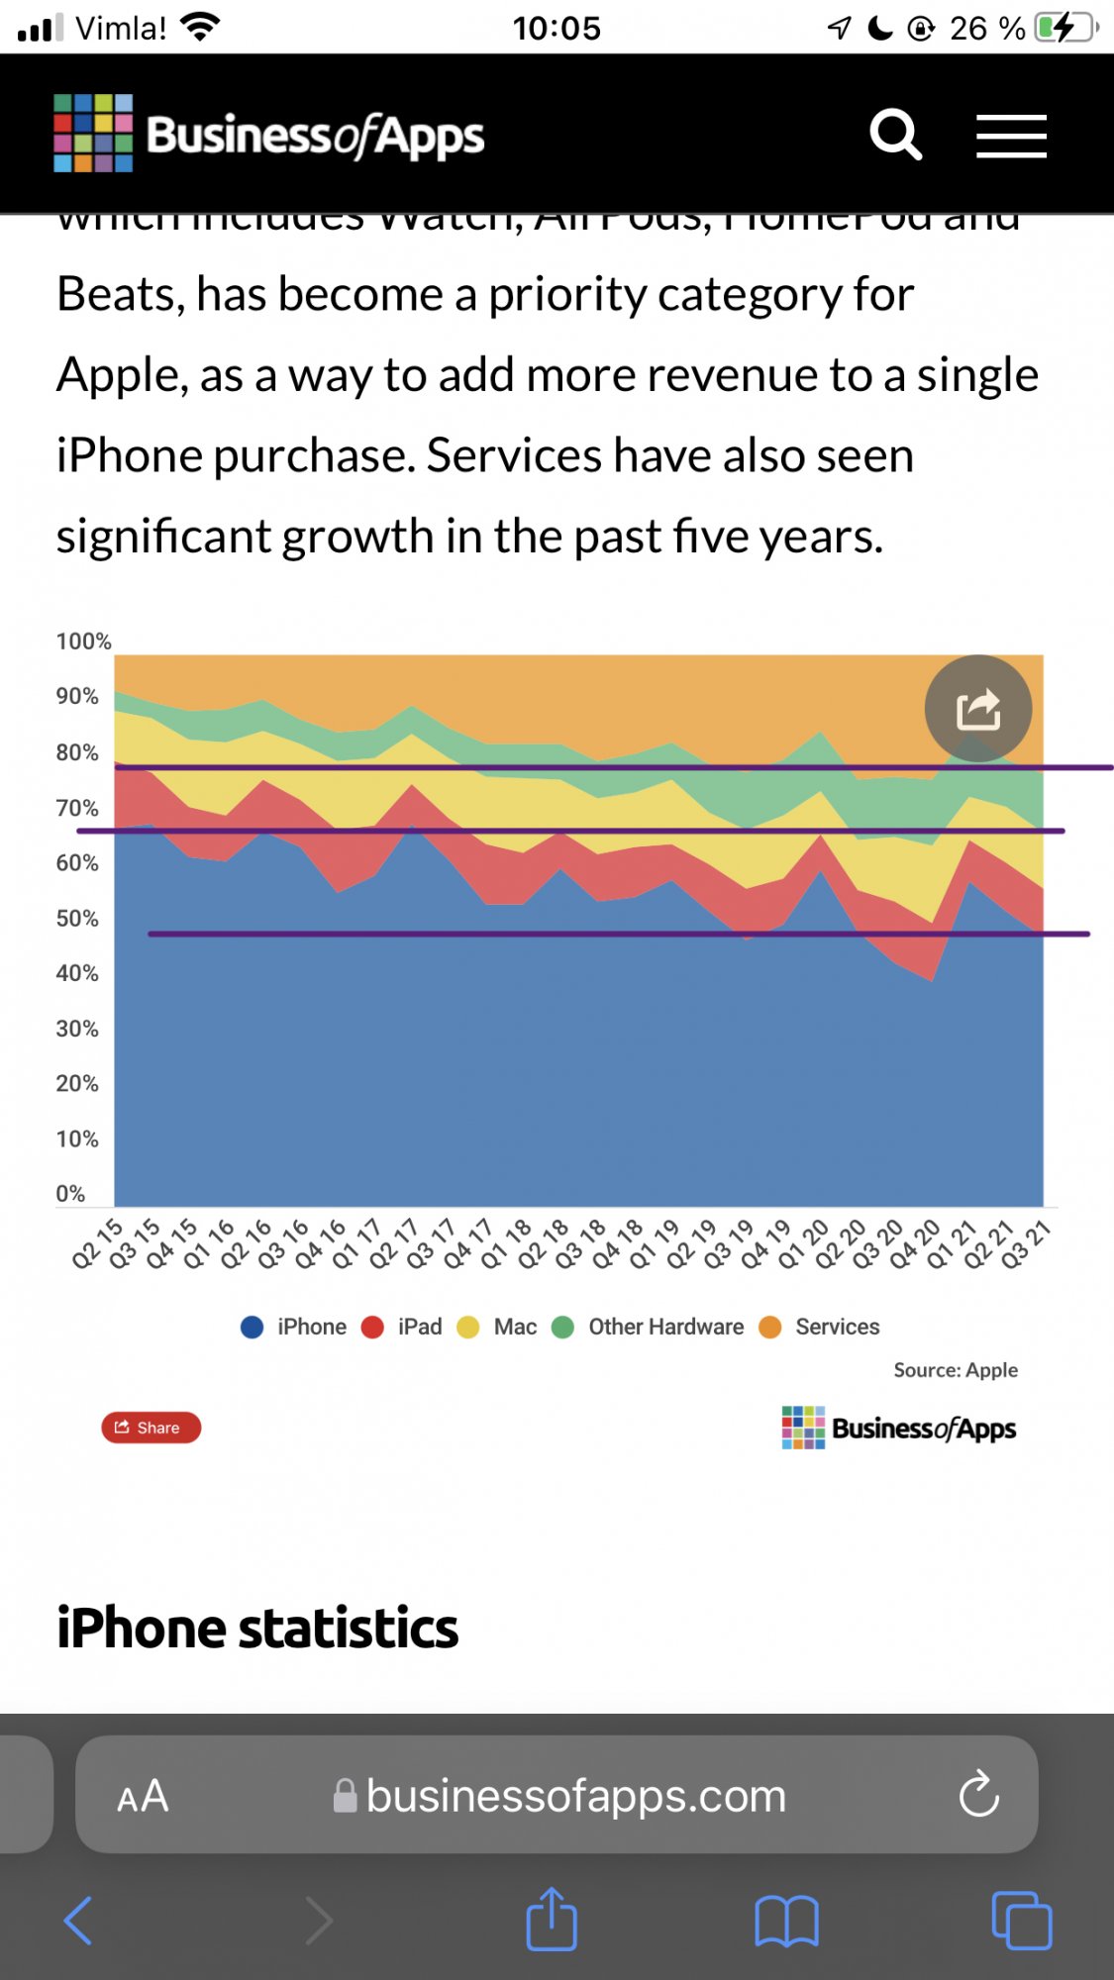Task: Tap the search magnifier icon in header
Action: [x=895, y=135]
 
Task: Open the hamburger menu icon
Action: [x=1011, y=136]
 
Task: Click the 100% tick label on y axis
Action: [x=83, y=642]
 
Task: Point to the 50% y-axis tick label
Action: [x=77, y=919]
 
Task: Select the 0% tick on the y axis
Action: [x=70, y=1194]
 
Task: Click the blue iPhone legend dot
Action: [x=253, y=1328]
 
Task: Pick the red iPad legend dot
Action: [x=372, y=1328]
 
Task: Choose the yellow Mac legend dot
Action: [x=468, y=1328]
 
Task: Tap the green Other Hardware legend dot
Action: [x=562, y=1328]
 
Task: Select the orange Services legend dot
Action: [x=769, y=1328]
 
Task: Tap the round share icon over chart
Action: [x=978, y=709]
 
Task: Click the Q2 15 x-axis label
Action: [x=97, y=1244]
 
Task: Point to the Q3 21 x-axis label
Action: [x=1025, y=1244]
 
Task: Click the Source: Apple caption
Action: [x=956, y=1370]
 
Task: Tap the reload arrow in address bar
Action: [x=978, y=1794]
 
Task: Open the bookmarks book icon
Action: [x=786, y=1921]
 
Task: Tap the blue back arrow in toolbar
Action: [x=78, y=1921]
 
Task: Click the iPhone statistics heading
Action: [x=257, y=1629]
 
